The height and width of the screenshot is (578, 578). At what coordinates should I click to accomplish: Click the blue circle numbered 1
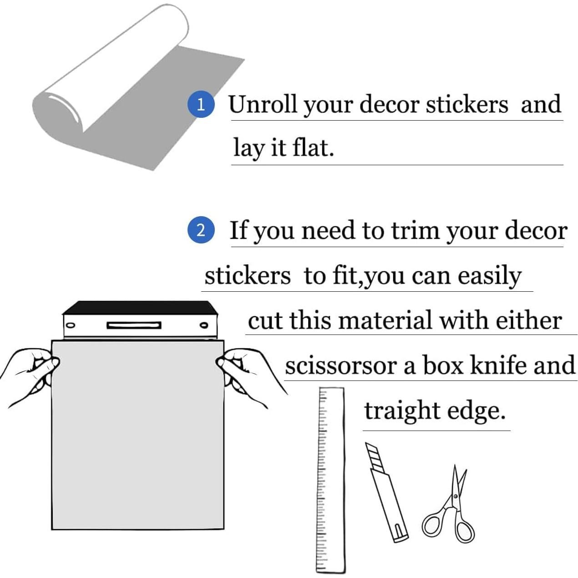pyautogui.click(x=201, y=105)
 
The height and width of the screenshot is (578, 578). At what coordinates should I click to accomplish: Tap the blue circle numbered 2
pyautogui.click(x=201, y=230)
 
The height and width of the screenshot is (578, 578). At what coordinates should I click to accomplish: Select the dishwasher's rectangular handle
pyautogui.click(x=134, y=325)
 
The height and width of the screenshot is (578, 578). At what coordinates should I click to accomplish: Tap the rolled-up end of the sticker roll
pyautogui.click(x=59, y=109)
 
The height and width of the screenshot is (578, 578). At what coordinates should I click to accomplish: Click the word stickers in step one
pyautogui.click(x=466, y=105)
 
